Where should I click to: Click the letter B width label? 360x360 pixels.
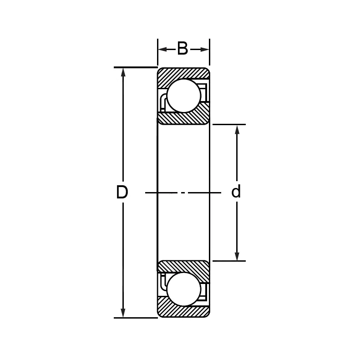(183, 49)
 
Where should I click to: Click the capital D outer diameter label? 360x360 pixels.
(122, 193)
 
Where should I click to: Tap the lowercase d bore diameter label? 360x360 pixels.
(236, 192)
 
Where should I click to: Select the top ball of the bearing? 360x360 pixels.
(183, 96)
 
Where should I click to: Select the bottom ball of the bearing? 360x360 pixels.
(183, 289)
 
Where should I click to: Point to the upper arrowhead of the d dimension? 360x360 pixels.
(237, 130)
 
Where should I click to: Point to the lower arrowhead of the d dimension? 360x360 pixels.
(237, 256)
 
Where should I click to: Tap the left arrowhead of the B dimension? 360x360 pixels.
(162, 49)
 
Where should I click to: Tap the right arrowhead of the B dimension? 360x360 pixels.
(205, 49)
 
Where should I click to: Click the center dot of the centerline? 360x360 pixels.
(183, 193)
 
